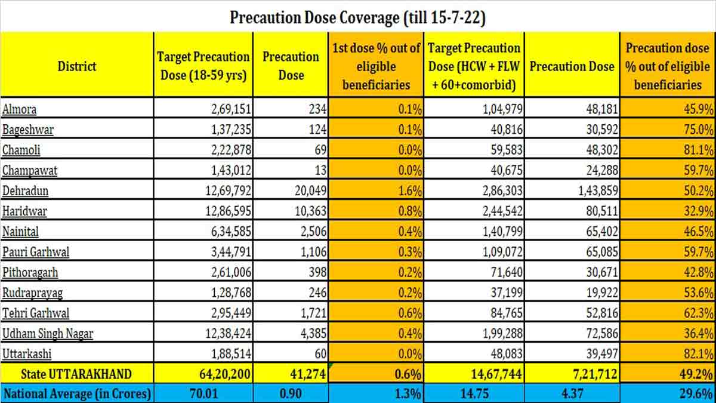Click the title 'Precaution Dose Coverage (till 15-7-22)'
coord(357,17)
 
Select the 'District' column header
coord(77,66)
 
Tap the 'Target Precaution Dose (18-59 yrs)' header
coord(203,66)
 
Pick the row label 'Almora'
coord(20,109)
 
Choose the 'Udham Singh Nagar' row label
coord(48,333)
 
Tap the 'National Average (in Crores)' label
coord(77,394)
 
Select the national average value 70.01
coord(203,394)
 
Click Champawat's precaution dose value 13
coord(321,170)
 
